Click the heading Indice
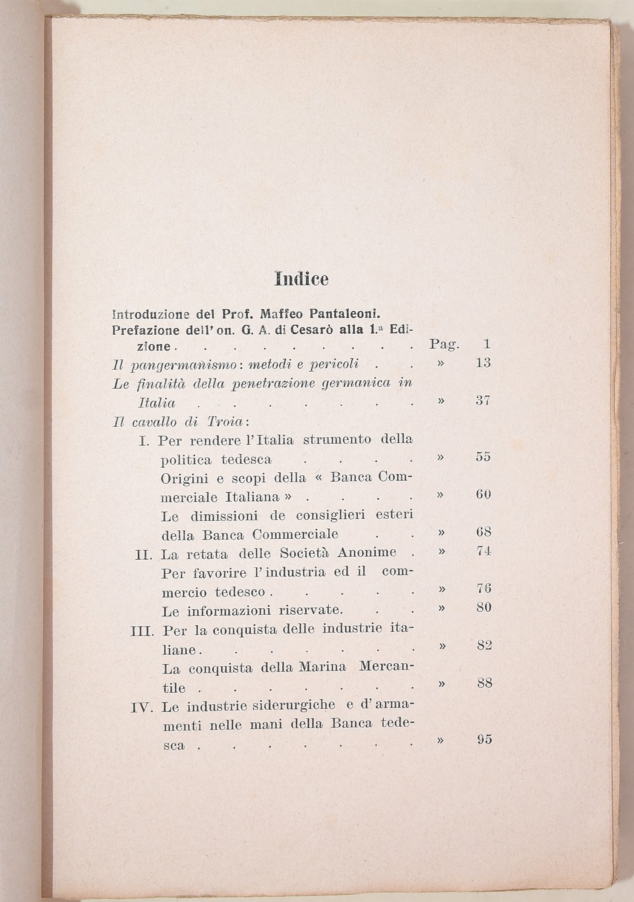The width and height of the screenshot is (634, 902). (301, 279)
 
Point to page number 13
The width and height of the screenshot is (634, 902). (483, 363)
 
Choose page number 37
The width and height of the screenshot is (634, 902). (483, 401)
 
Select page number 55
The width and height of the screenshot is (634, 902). (483, 457)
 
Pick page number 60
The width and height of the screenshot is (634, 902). (483, 494)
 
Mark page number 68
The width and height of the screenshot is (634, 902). (483, 532)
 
